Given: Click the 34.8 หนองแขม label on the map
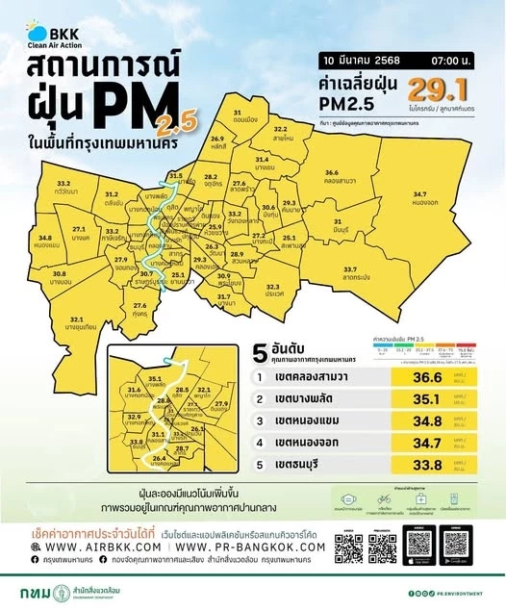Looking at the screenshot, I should coord(45,241).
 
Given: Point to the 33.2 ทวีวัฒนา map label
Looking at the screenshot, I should coord(64,187).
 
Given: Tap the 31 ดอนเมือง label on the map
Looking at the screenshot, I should coord(244,117).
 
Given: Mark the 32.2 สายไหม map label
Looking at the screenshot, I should coord(280,132).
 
